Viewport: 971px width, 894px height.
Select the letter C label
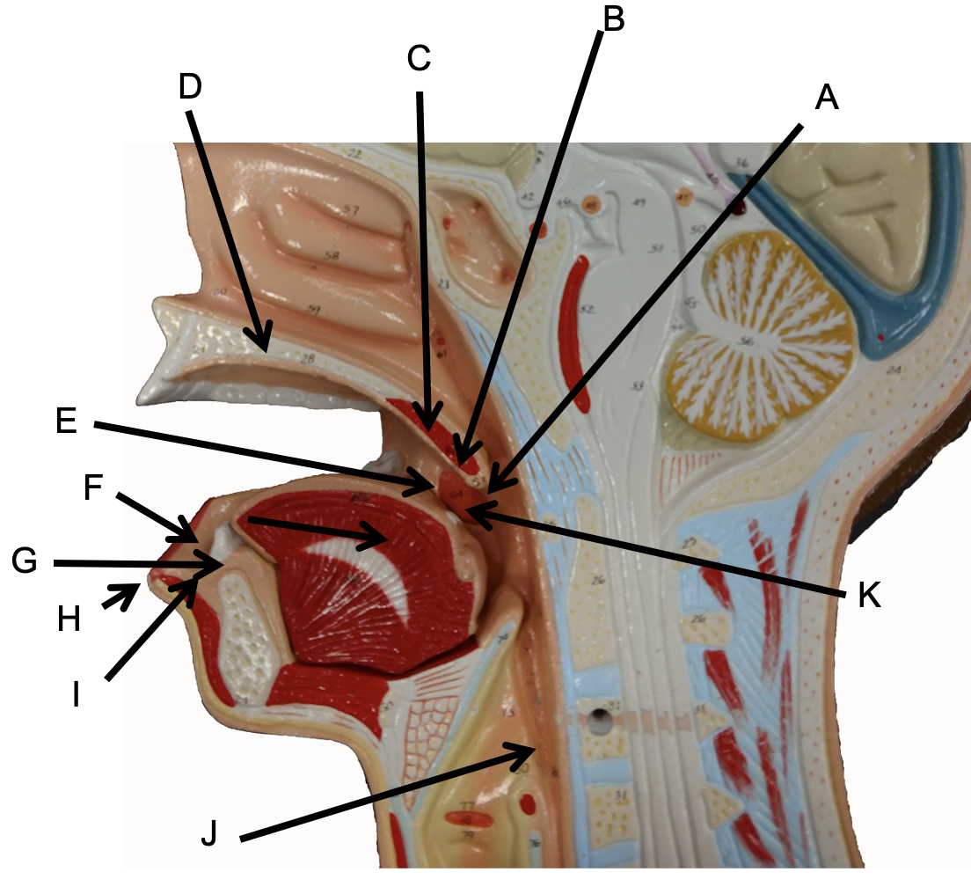click(419, 59)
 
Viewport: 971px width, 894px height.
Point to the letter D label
click(190, 85)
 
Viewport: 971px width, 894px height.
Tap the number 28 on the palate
click(307, 357)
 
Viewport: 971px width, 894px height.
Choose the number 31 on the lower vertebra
click(624, 796)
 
